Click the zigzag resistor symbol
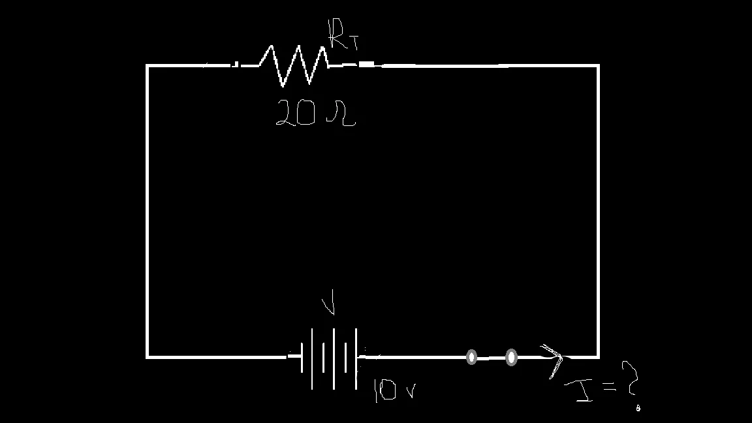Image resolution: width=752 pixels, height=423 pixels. coord(294,65)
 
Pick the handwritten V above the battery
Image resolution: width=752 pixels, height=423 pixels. coord(330,304)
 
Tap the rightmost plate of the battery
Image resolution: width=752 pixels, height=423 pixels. coord(356,358)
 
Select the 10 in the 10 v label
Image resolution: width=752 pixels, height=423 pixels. coord(384,390)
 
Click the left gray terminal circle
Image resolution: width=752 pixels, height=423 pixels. coord(471,357)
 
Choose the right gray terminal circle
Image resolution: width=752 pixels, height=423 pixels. coord(511,357)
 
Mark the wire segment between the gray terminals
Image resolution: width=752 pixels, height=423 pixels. coord(491,357)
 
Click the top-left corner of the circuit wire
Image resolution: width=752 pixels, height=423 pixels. coord(148,66)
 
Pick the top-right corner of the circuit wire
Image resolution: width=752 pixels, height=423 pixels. coord(597,66)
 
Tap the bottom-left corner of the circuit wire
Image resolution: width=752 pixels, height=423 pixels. coord(148,356)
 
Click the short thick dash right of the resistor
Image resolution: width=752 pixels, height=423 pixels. coord(366,64)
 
